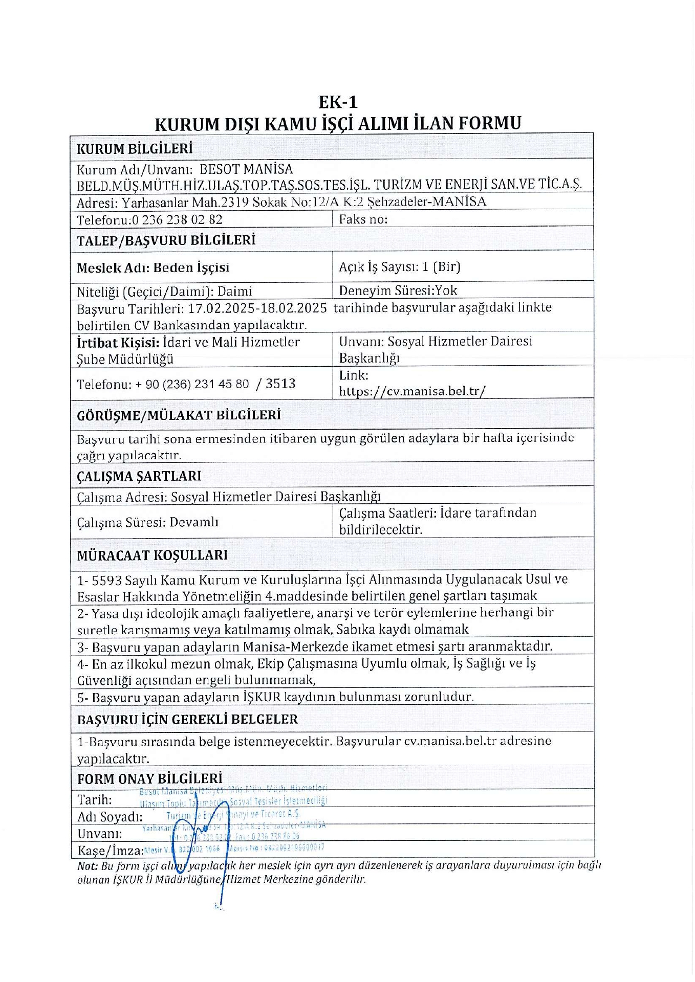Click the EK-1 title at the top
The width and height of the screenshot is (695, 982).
(338, 102)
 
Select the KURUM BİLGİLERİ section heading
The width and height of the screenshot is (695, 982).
(135, 149)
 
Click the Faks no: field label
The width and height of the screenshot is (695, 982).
(363, 219)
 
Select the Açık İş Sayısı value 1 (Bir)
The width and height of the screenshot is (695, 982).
(441, 266)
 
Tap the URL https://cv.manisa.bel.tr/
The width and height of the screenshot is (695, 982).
(412, 391)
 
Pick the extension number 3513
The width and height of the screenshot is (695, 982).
(280, 384)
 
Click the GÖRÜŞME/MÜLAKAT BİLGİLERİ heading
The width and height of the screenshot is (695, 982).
(179, 415)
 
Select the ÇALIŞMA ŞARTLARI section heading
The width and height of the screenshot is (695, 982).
(139, 476)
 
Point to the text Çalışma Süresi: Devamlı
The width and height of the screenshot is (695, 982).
(147, 522)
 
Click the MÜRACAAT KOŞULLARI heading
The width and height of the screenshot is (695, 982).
(152, 555)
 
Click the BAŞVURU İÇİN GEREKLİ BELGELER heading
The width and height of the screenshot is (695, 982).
(187, 720)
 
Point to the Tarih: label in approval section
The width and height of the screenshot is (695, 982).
(95, 799)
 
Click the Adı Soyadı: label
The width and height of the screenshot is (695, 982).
(110, 817)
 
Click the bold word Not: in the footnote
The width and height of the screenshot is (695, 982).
(87, 866)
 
